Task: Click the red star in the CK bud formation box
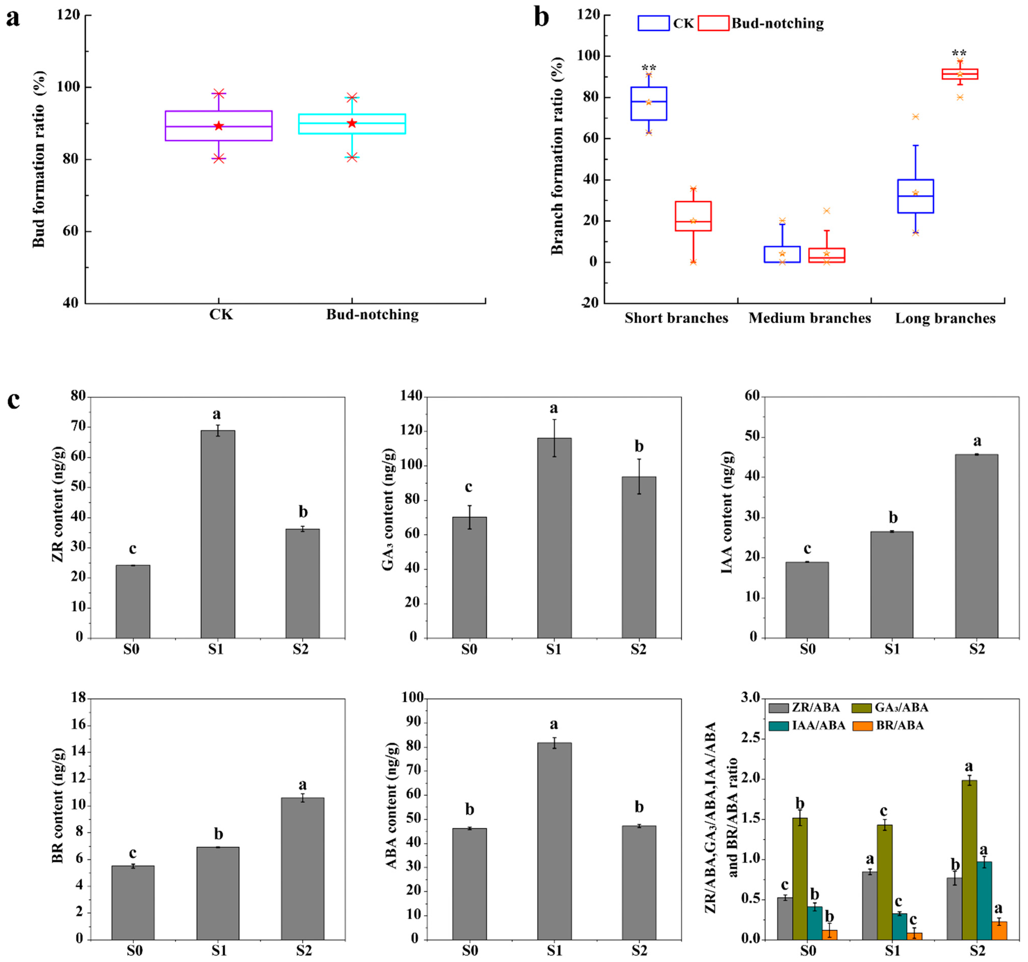tap(219, 126)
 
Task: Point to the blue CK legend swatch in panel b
tap(654, 23)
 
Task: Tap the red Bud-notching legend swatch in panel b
tap(714, 23)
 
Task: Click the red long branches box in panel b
tap(960, 74)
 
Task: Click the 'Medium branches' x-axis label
tap(810, 318)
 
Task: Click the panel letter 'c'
tap(13, 400)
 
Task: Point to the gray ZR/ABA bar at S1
tap(869, 905)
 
